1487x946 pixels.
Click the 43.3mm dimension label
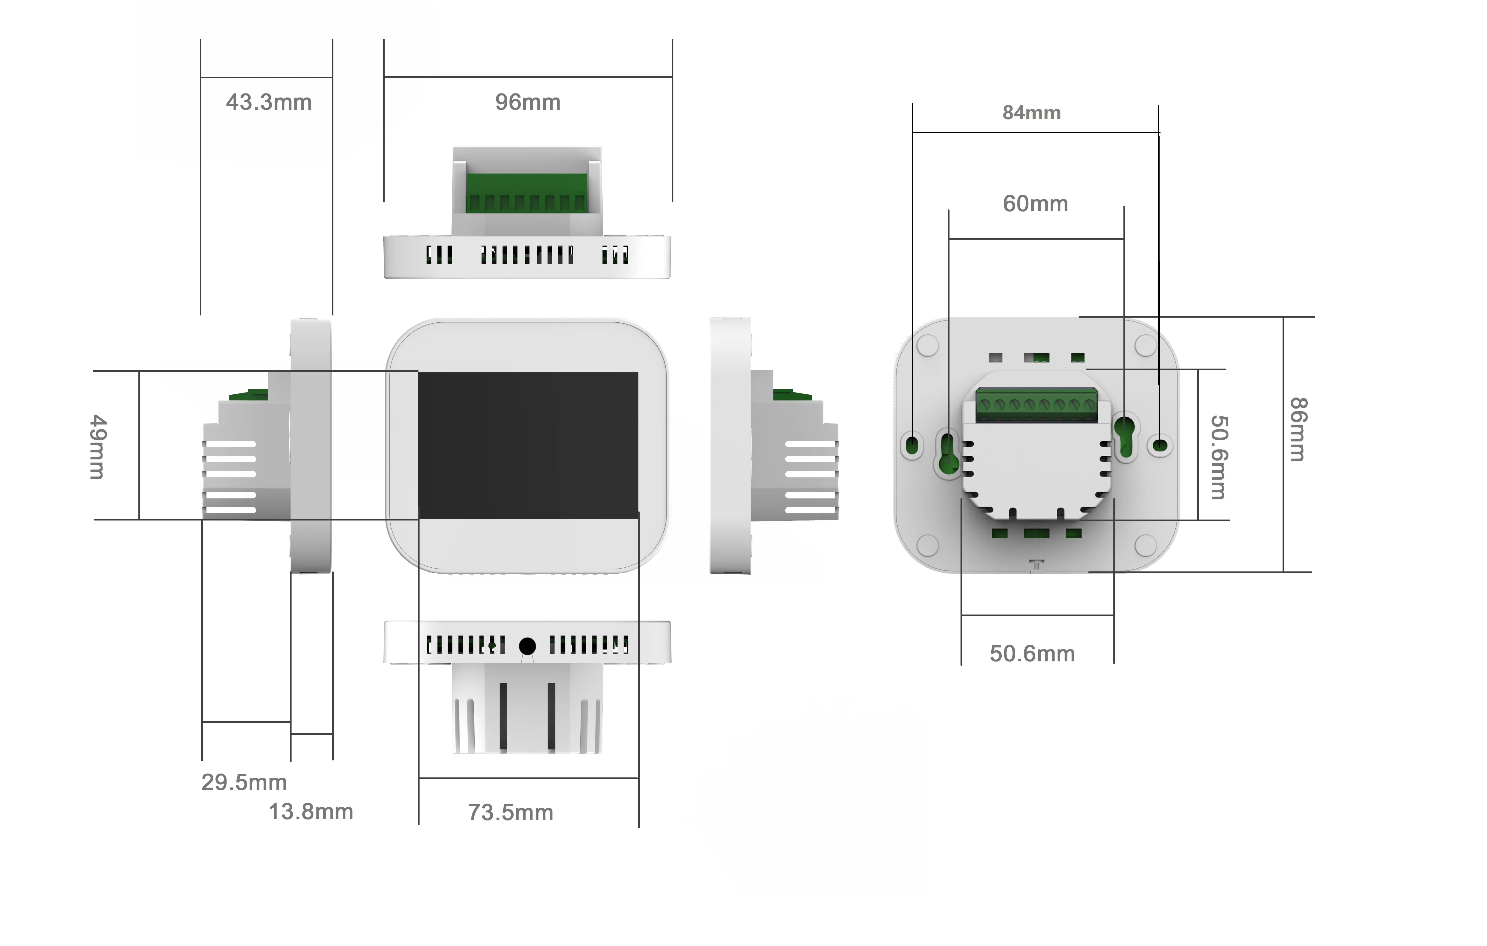pyautogui.click(x=269, y=103)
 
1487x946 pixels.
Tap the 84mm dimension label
pyautogui.click(x=1031, y=113)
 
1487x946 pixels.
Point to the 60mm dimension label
pyautogui.click(x=1035, y=204)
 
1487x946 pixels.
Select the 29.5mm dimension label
pyautogui.click(x=244, y=782)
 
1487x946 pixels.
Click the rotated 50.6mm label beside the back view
pyautogui.click(x=1218, y=457)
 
